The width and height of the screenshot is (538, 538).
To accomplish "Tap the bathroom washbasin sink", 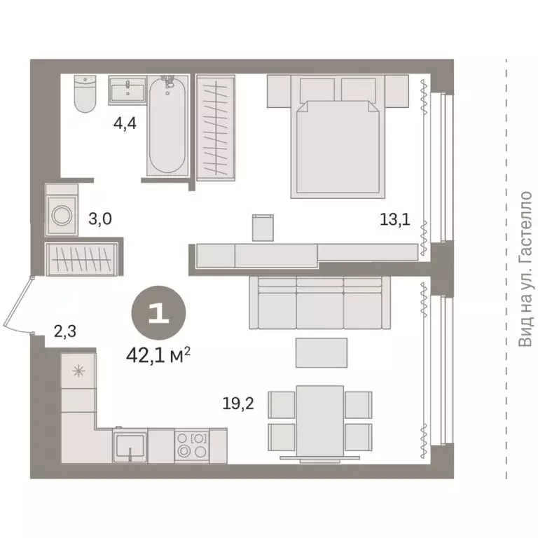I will [x=127, y=90].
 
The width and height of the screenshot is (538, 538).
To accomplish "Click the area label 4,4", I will [x=125, y=129].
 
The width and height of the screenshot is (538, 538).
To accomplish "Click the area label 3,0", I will [x=100, y=219].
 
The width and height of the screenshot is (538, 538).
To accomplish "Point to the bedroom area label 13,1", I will [x=391, y=220].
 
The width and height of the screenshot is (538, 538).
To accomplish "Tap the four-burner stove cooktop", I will [x=191, y=446].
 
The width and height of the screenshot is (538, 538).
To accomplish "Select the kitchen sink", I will [x=130, y=446].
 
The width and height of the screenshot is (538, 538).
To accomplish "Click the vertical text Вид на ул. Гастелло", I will [x=525, y=269].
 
